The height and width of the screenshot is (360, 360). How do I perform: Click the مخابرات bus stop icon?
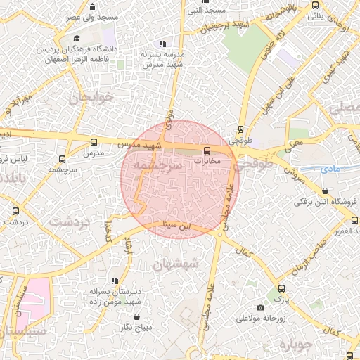pyautogui.click(x=207, y=150)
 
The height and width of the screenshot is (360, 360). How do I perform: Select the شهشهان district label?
pyautogui.click(x=176, y=262)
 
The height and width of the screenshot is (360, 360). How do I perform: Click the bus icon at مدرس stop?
pyautogui.click(x=94, y=141)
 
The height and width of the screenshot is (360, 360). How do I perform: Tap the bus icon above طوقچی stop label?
pyautogui.click(x=241, y=129)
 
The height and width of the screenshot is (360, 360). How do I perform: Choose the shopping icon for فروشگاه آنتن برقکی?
pyautogui.click(x=325, y=191)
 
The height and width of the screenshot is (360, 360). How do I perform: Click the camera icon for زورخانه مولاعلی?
pyautogui.click(x=261, y=307)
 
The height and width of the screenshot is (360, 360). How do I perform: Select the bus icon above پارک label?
pyautogui.click(x=281, y=288)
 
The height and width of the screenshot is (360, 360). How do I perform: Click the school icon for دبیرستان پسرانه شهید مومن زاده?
pyautogui.click(x=115, y=281)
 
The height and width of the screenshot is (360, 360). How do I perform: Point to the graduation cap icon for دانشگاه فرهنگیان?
pyautogui.click(x=77, y=39)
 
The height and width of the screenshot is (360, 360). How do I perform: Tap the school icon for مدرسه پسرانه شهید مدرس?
pyautogui.click(x=162, y=44)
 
